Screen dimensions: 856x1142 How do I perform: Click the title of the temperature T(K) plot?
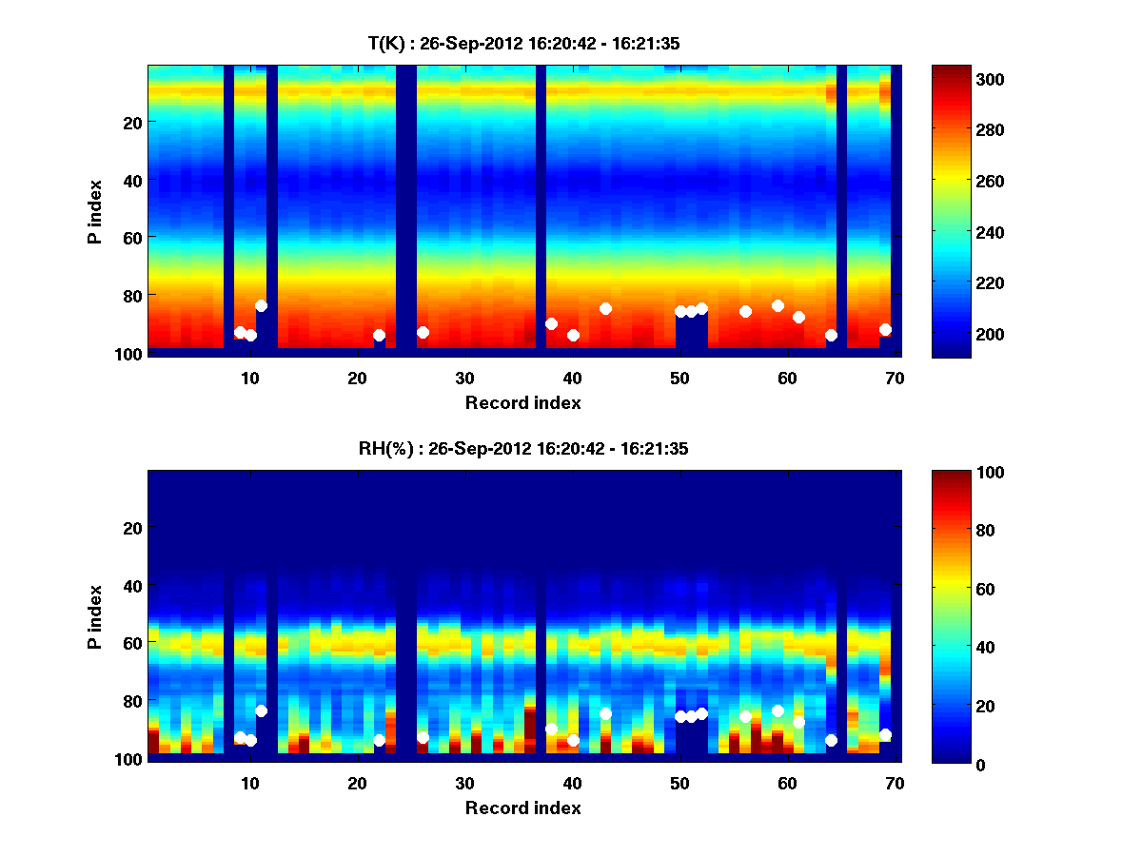tap(522, 44)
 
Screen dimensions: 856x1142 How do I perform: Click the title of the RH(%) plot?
tap(522, 449)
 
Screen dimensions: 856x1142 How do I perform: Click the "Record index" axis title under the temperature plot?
tap(522, 402)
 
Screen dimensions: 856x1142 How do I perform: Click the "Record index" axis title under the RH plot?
tap(522, 807)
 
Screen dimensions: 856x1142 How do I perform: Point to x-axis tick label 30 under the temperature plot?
tap(464, 377)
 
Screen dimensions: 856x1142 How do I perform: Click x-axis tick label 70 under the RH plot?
tap(895, 783)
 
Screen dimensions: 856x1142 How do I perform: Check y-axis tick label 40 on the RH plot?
tap(132, 585)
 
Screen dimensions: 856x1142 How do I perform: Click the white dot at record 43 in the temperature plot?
tap(605, 308)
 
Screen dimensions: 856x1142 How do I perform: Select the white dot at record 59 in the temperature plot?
tap(778, 305)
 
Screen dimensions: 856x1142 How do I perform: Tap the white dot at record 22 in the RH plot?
tap(379, 740)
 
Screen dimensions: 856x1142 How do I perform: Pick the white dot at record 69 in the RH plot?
tap(885, 734)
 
